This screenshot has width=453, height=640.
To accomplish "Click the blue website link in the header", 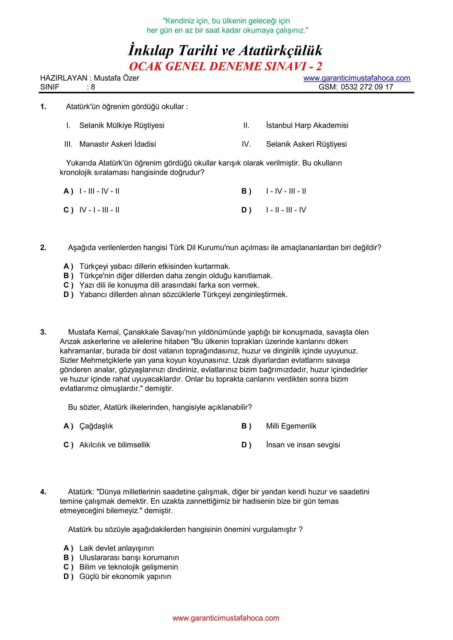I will (x=357, y=78).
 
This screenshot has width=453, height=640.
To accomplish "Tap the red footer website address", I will (x=226, y=618).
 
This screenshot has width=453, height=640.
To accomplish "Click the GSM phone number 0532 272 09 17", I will (x=367, y=87).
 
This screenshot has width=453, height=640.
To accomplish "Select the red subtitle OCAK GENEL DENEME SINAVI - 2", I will (x=226, y=66).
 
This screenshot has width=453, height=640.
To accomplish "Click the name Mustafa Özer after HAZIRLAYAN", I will (x=116, y=78).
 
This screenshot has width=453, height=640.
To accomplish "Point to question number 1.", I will (x=43, y=107).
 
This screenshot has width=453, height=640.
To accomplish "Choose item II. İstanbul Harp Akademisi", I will (x=307, y=125).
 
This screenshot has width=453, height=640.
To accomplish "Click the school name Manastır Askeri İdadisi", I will (x=117, y=144).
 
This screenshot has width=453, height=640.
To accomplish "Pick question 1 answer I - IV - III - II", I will (x=286, y=191).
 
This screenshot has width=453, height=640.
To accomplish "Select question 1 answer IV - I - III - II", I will (x=99, y=210).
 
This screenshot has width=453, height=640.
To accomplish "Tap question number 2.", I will (x=43, y=248).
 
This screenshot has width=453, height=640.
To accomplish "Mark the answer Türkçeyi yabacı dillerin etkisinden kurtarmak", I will (x=155, y=266).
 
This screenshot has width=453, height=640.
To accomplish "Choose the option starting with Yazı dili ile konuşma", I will (x=169, y=285).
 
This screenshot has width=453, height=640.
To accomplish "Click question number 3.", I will (x=43, y=332).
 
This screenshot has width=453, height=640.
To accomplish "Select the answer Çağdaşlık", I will (x=96, y=426).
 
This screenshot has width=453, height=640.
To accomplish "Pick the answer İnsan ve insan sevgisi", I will (x=303, y=445).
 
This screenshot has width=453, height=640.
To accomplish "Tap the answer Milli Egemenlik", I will (x=291, y=426).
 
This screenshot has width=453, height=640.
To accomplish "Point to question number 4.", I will (x=43, y=492).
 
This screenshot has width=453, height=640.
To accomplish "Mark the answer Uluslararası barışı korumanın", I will (x=129, y=557).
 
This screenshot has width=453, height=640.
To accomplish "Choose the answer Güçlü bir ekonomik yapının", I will (x=125, y=576).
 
